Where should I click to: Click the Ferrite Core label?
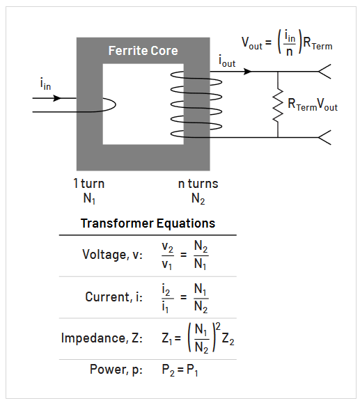tap(143, 51)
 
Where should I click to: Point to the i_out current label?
tap(228, 61)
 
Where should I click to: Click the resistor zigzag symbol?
tap(278, 104)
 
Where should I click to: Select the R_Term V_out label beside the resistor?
tap(313, 105)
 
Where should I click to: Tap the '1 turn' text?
tap(88, 184)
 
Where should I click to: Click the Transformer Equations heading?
tap(148, 223)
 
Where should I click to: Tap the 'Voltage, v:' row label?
tap(112, 255)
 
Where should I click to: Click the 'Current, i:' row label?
tap(114, 297)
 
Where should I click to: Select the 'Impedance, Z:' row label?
tap(102, 338)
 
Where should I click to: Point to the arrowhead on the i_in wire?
tap(58, 97)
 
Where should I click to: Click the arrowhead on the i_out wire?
tap(248, 71)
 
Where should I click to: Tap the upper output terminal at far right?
tap(324, 71)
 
